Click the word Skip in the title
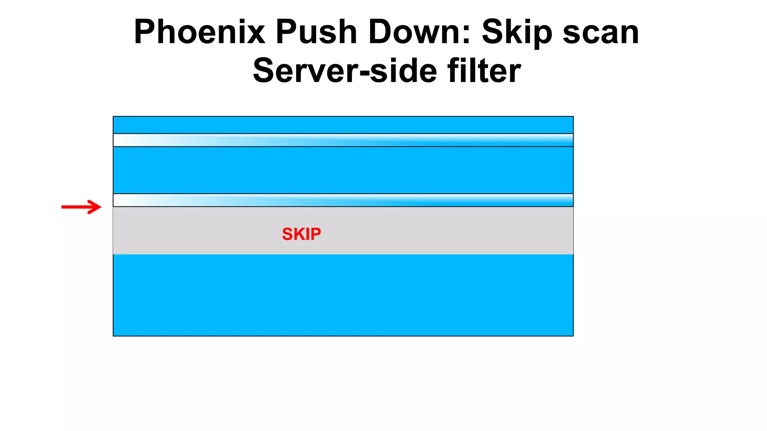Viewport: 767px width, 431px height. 517,33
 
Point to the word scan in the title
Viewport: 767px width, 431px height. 601,33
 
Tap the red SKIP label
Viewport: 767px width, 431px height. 301,234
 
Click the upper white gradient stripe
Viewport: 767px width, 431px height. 343,140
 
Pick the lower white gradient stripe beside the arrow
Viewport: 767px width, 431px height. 343,200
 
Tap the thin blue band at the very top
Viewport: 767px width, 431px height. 343,125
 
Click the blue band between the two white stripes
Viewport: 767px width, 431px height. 343,170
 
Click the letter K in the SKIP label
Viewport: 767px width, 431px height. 299,234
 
